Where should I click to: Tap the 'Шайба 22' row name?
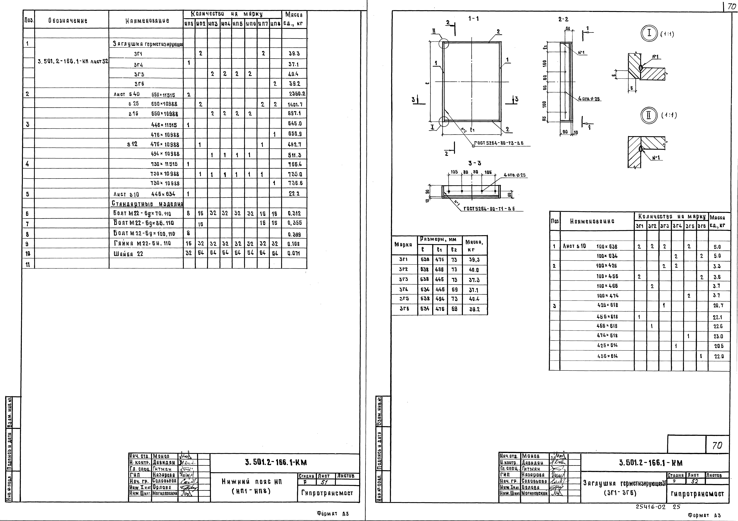click(128, 254)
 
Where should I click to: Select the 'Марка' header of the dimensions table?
click(403, 244)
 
